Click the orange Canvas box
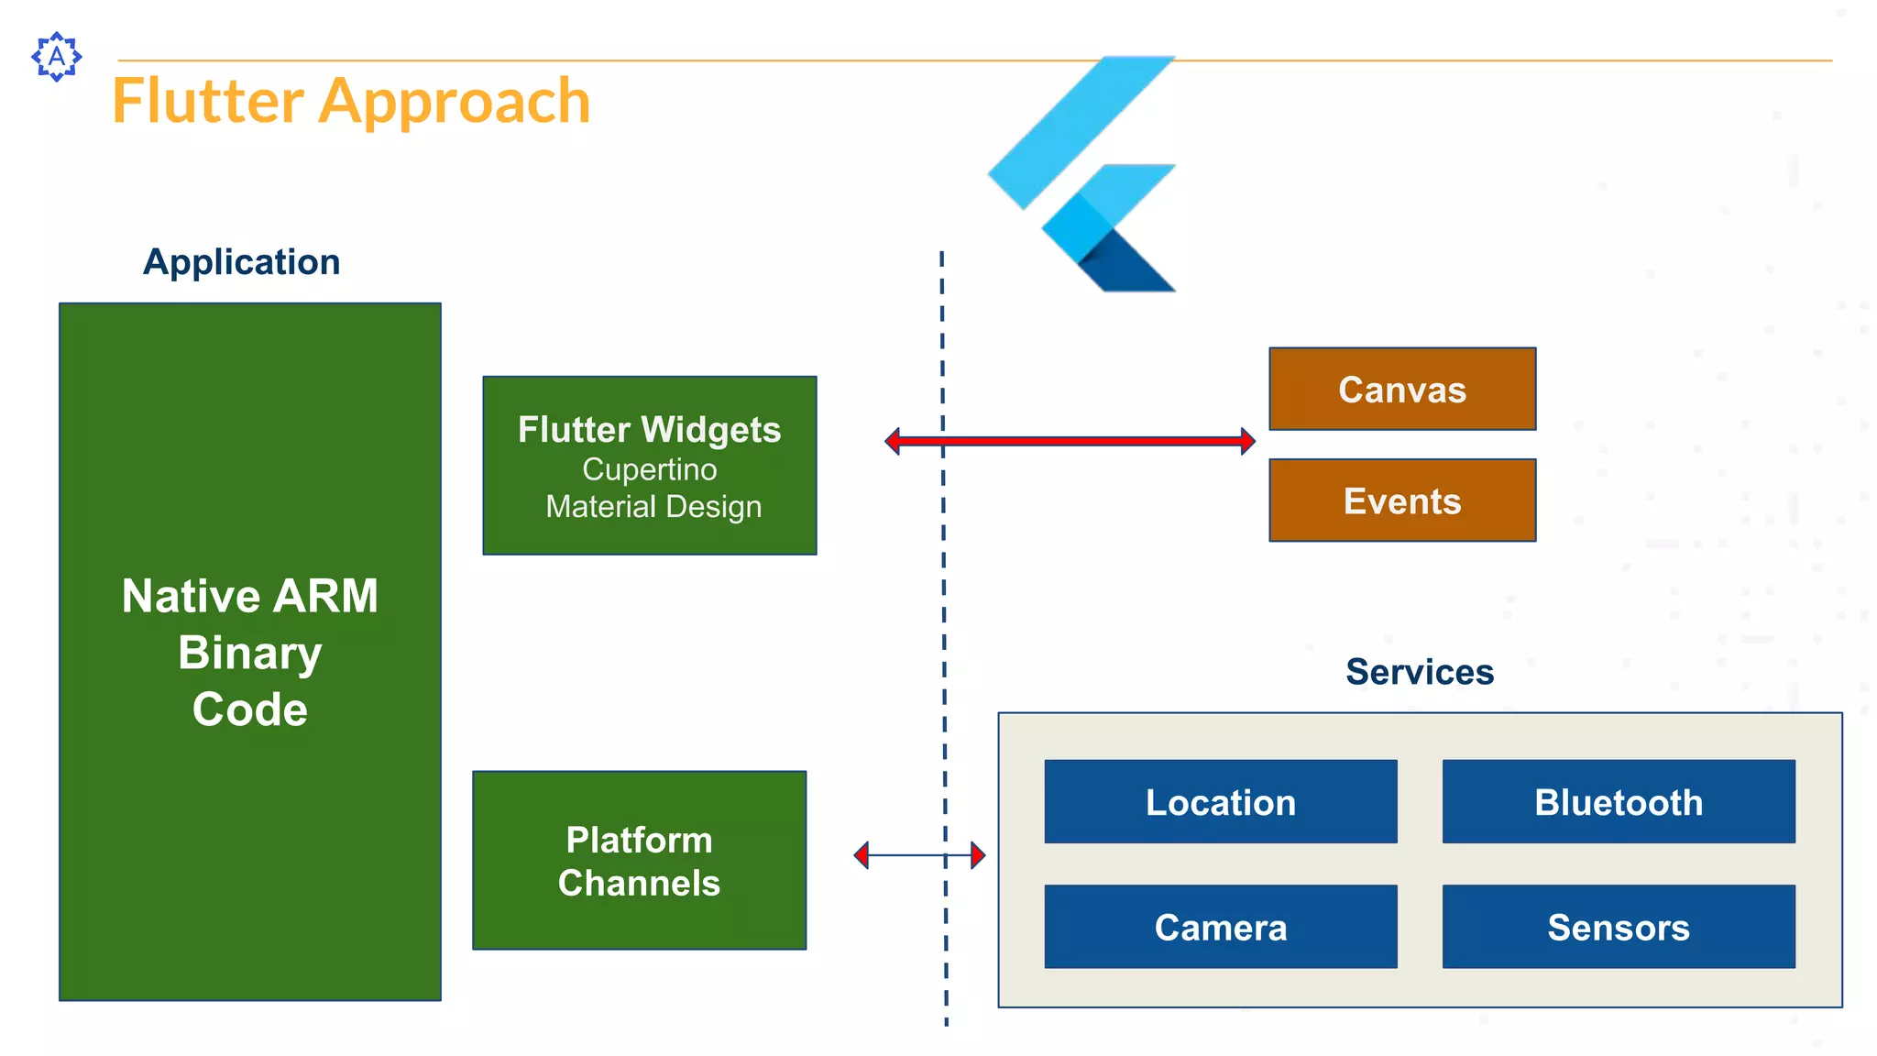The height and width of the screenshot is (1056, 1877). tap(1401, 389)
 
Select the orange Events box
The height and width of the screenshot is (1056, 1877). tap(1401, 500)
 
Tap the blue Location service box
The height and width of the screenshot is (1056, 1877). tap(1220, 802)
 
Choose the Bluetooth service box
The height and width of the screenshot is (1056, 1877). tap(1618, 802)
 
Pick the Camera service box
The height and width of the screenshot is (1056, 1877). tap(1220, 927)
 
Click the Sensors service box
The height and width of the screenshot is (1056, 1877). tap(1618, 927)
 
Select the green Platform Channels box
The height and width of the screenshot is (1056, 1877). tap(639, 860)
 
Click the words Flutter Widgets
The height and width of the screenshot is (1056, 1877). tap(649, 430)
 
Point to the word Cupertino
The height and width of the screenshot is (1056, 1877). tap(649, 469)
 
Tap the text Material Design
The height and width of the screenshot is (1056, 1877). tap(653, 507)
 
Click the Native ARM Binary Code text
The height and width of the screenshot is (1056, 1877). tap(249, 652)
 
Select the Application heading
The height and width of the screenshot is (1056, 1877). tap(241, 262)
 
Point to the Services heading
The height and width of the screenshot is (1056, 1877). tap(1419, 672)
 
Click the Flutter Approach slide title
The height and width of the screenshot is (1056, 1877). tap(351, 101)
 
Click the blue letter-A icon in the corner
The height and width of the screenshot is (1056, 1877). tap(57, 57)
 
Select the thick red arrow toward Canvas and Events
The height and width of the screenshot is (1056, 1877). tap(1070, 441)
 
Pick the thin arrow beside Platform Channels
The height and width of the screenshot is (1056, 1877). tap(919, 855)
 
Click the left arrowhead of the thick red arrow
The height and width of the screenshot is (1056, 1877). tap(893, 441)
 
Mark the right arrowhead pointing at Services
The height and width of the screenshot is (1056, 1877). tap(978, 855)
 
